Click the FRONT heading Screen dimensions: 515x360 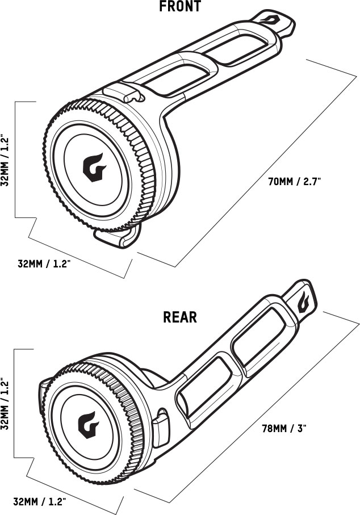pos(180,7)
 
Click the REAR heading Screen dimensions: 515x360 pos(180,316)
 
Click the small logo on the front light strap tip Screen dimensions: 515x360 pos(275,21)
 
